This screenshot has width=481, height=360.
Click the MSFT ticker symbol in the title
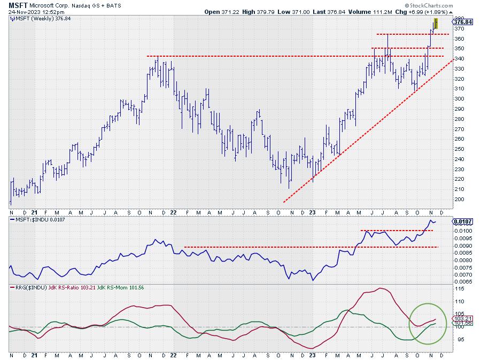coord(17,4)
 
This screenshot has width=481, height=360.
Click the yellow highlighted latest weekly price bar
coord(437,24)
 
